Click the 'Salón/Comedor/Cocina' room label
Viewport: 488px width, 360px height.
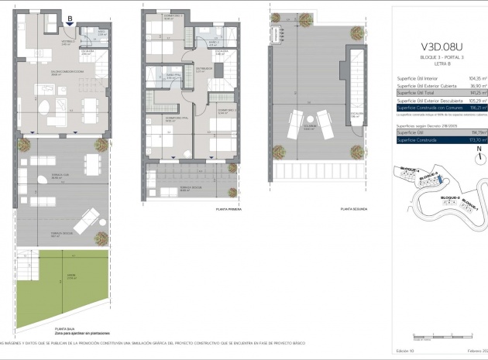click(x=52, y=71)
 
